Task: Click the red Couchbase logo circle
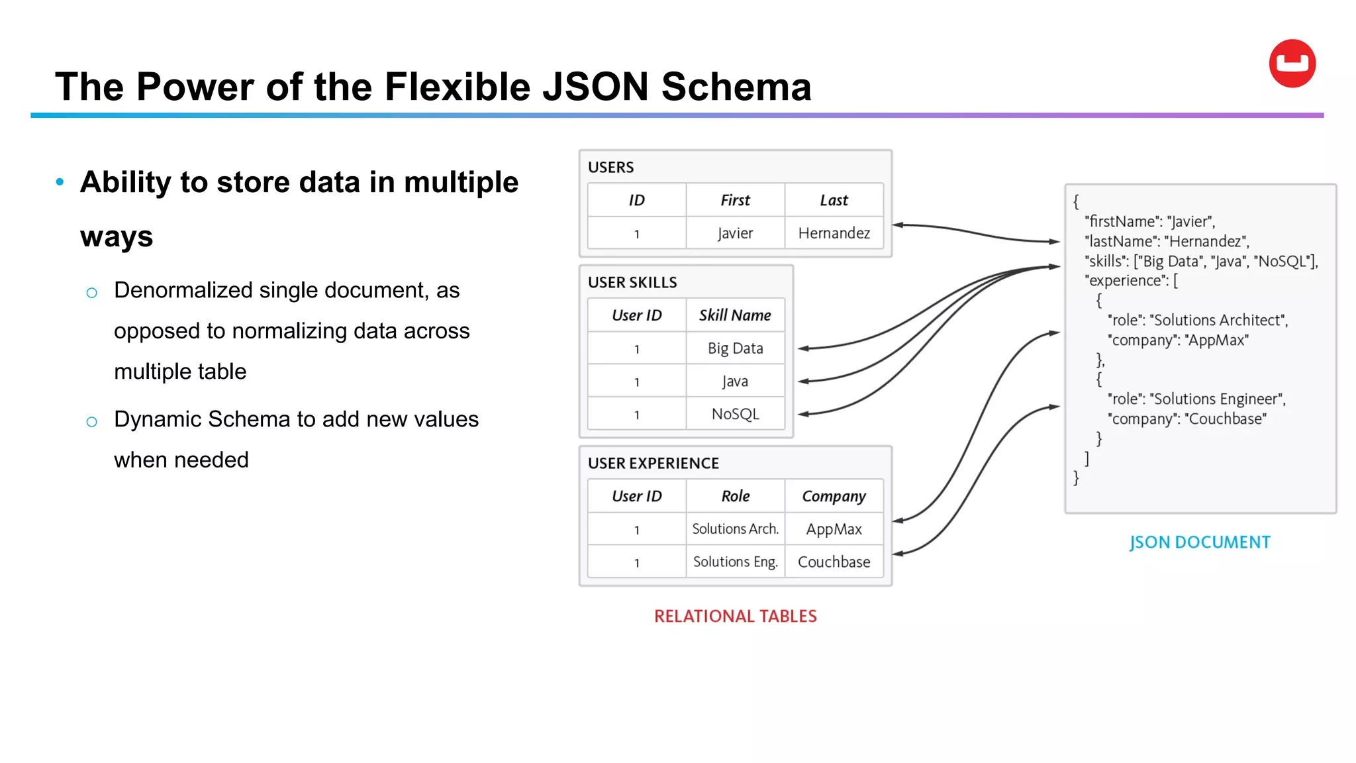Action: coord(1292,64)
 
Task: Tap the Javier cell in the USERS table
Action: coord(735,233)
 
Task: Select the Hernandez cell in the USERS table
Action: coord(834,233)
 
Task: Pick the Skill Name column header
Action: coord(735,315)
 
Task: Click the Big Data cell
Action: coord(735,348)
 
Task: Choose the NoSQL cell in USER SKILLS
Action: coord(735,414)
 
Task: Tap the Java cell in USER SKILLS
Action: coord(735,381)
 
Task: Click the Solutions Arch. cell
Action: coord(735,529)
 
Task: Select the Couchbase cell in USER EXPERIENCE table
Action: coord(834,562)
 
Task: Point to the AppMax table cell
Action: coord(834,529)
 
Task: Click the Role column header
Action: coord(735,496)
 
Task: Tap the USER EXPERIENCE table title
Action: coord(653,464)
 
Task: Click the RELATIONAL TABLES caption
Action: coord(735,617)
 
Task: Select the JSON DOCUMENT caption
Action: coord(1200,542)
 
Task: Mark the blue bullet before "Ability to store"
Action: coord(60,181)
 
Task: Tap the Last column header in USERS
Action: coord(834,200)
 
